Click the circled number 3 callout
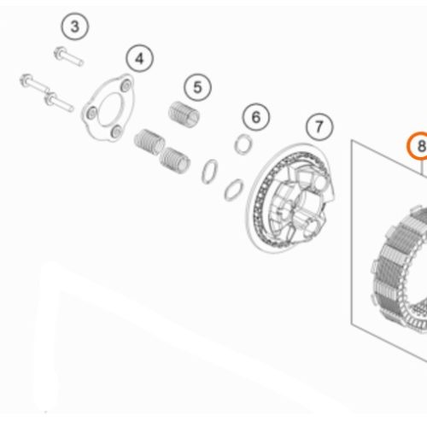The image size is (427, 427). point(75,26)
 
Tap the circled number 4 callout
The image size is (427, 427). point(139,59)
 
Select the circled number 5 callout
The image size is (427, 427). point(197,87)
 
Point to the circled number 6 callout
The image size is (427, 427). point(256,117)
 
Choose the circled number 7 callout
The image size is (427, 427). point(319,126)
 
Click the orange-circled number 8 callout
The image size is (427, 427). point(418,146)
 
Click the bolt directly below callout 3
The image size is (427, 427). point(68,56)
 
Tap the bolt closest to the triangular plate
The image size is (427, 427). point(59,102)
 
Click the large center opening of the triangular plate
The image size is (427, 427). point(109,109)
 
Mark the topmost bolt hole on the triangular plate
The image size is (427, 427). point(126,84)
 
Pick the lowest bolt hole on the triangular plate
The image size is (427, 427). point(116,132)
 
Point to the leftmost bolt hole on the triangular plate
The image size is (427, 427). point(91,113)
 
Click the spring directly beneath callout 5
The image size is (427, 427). point(184,114)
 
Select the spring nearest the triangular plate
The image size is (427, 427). point(149,142)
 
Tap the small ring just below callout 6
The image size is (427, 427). point(243,144)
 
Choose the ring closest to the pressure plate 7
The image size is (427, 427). point(234,190)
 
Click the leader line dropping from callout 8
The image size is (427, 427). point(422,167)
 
